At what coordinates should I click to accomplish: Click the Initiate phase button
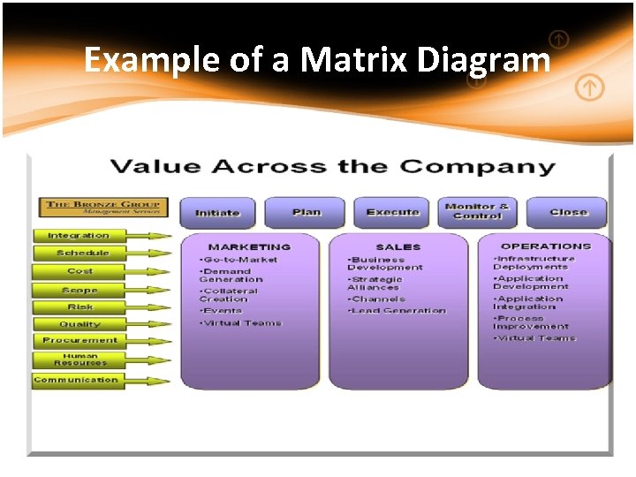point(217,213)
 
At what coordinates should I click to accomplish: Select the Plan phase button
point(306,213)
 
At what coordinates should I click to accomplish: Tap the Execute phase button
point(392,213)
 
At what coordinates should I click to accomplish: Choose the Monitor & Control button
point(477,212)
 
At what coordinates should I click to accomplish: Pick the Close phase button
point(568,213)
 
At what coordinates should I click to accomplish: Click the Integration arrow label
point(79,236)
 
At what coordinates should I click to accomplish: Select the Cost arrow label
point(79,271)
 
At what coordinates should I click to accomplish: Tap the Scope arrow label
point(79,290)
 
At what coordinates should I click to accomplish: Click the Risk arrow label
point(79,307)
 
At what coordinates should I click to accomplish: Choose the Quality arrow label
point(79,324)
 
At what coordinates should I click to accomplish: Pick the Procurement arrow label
point(79,340)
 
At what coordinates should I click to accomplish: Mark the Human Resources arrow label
point(79,360)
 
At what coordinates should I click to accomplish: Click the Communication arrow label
point(76,380)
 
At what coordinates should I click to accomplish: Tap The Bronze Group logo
point(103,208)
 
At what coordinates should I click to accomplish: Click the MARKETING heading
point(249,247)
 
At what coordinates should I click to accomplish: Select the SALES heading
point(398,247)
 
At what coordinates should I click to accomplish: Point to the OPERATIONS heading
point(546,246)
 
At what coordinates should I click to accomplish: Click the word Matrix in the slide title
point(354,60)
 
